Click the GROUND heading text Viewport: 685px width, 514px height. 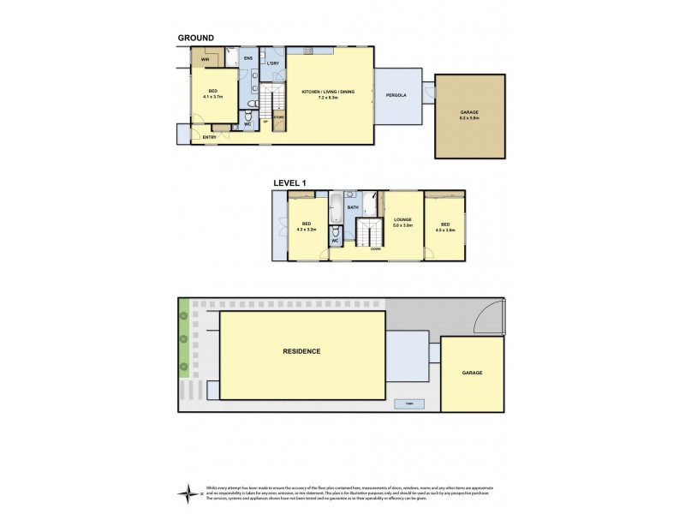pyautogui.click(x=195, y=38)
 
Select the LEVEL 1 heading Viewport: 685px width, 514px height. pyautogui.click(x=290, y=182)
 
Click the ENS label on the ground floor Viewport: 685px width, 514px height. pyautogui.click(x=247, y=58)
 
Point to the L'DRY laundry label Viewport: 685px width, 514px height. pyautogui.click(x=272, y=64)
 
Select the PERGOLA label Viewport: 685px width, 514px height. pyautogui.click(x=394, y=97)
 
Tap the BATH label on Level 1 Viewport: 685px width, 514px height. pyautogui.click(x=352, y=207)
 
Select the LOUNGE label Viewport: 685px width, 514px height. pyautogui.click(x=402, y=219)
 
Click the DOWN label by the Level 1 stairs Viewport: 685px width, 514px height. pyautogui.click(x=375, y=248)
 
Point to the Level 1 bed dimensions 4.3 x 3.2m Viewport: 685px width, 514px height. pyautogui.click(x=306, y=230)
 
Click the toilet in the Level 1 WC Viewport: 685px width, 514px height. pyautogui.click(x=337, y=232)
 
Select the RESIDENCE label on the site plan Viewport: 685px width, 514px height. pyautogui.click(x=302, y=351)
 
